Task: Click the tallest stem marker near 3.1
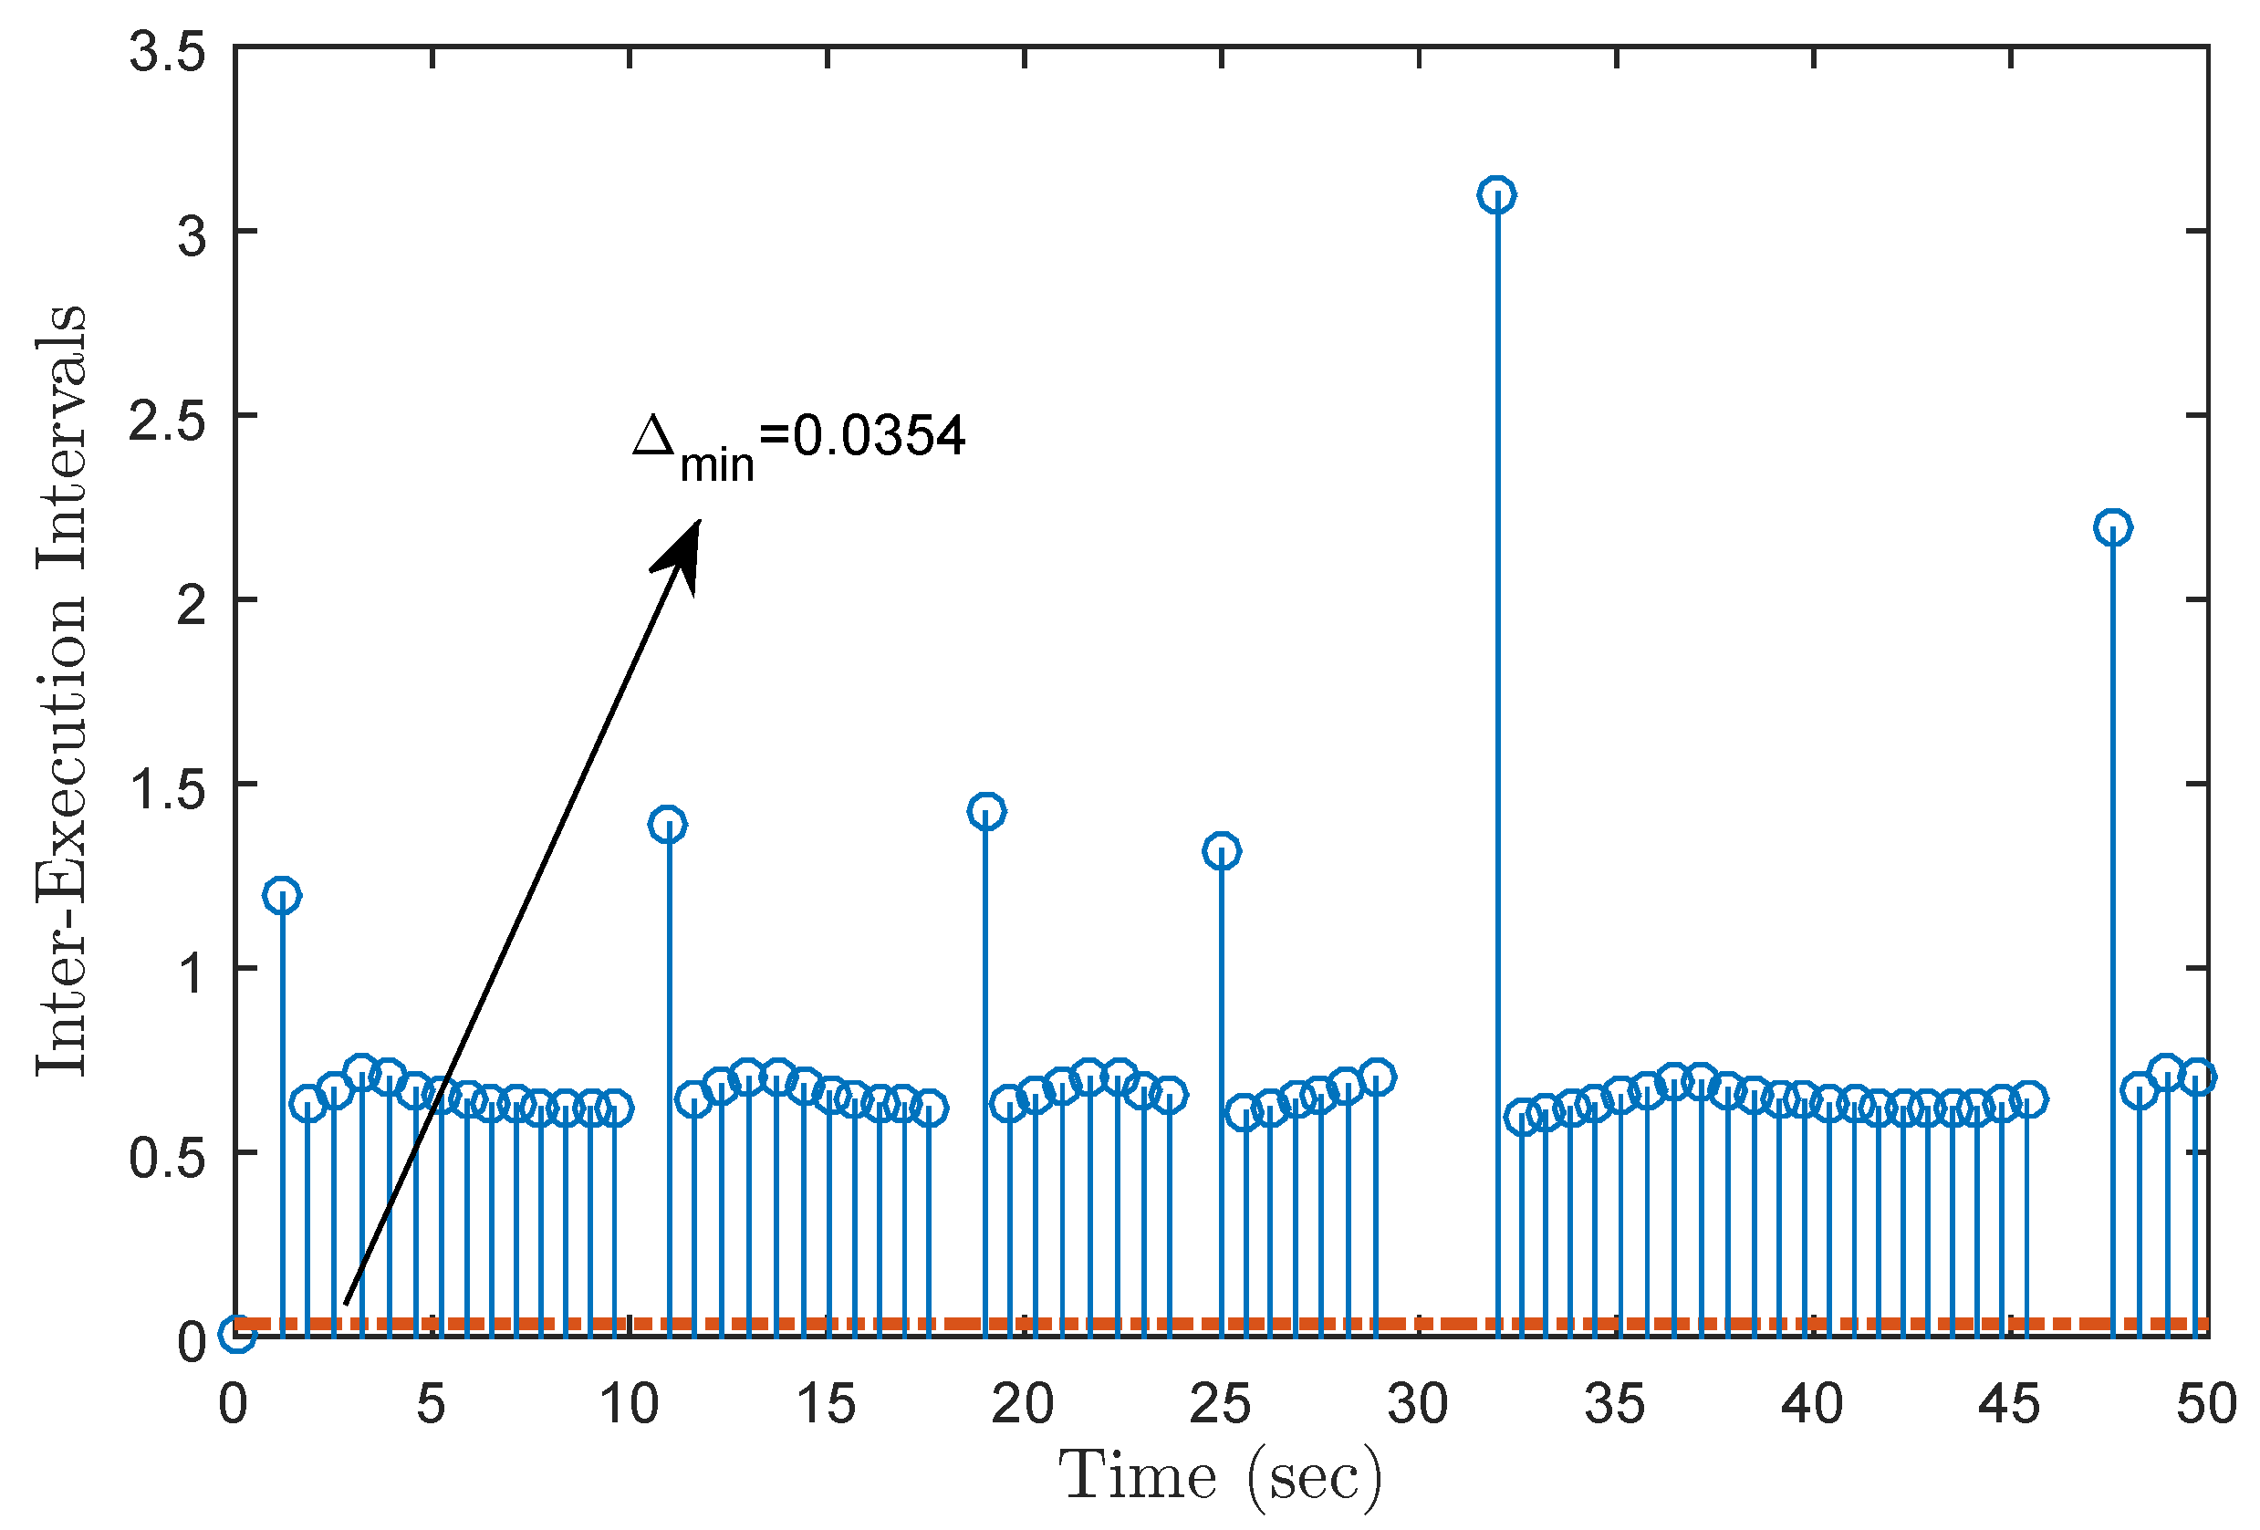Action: pos(1495,194)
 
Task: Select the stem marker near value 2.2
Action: pos(2112,527)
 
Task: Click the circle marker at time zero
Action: pos(238,1334)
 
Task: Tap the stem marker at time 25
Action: pos(1222,851)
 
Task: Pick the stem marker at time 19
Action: pos(986,810)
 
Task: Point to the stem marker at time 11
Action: pos(668,825)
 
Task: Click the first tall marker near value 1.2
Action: pos(282,895)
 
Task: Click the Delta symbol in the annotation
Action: pos(653,436)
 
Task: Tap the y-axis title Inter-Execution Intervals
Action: pos(60,691)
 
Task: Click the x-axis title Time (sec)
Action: pos(1220,1477)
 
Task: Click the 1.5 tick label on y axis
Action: pos(167,789)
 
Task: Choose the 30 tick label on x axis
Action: pos(1417,1403)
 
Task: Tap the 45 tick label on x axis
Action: pos(2008,1403)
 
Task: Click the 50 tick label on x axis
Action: pos(2205,1403)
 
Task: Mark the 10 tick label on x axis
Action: pos(629,1403)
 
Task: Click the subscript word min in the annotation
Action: pos(717,466)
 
